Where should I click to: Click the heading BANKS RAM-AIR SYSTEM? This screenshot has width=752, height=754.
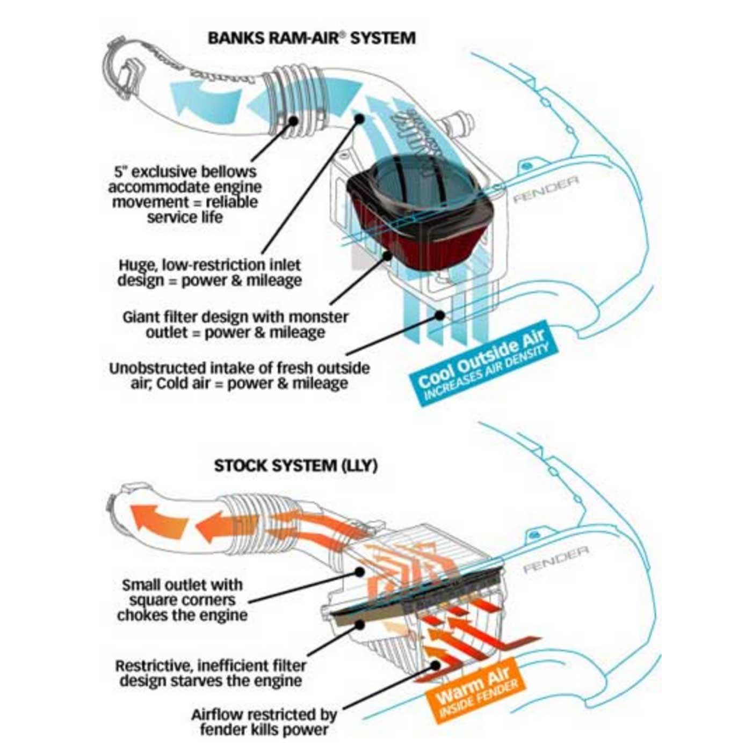pyautogui.click(x=311, y=39)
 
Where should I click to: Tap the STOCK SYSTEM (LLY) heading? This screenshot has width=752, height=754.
pyautogui.click(x=295, y=465)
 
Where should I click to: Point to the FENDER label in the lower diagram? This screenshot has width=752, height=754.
pyautogui.click(x=555, y=558)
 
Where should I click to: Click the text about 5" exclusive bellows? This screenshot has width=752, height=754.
pyautogui.click(x=185, y=194)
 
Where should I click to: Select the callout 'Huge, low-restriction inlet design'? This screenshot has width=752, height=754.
pyautogui.click(x=209, y=273)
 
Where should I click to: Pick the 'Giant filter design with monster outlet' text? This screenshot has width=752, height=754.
pyautogui.click(x=235, y=324)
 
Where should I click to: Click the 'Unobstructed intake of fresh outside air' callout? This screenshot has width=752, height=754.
pyautogui.click(x=239, y=376)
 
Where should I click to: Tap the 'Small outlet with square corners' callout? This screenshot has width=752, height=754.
pyautogui.click(x=182, y=599)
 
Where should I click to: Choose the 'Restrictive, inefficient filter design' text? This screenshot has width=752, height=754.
pyautogui.click(x=211, y=674)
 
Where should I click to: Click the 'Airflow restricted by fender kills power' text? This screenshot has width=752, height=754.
pyautogui.click(x=264, y=722)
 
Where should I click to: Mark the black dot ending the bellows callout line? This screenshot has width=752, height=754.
pyautogui.click(x=293, y=120)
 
